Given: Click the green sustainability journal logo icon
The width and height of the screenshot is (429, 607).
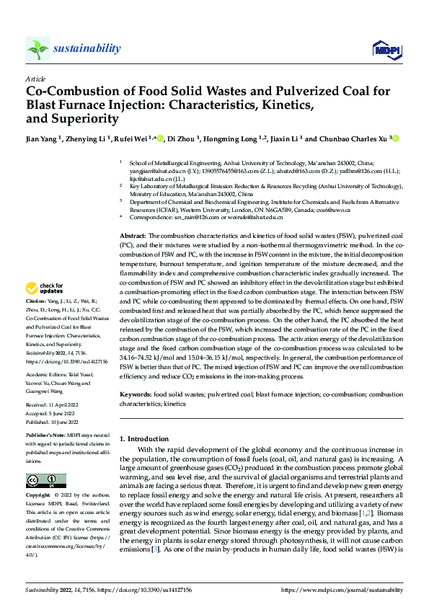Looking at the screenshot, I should point(38,48).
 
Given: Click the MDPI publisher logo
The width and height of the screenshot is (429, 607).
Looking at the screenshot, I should point(383,48).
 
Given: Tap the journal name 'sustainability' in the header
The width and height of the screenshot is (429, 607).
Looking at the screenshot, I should point(87,48).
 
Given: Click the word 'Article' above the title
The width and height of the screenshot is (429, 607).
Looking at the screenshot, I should point(35,79).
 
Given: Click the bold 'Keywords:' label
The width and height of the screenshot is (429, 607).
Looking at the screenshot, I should point(136,396).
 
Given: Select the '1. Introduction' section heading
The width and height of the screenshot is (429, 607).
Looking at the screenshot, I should point(143,438).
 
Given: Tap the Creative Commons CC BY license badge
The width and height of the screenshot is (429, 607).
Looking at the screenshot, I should point(45,481).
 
